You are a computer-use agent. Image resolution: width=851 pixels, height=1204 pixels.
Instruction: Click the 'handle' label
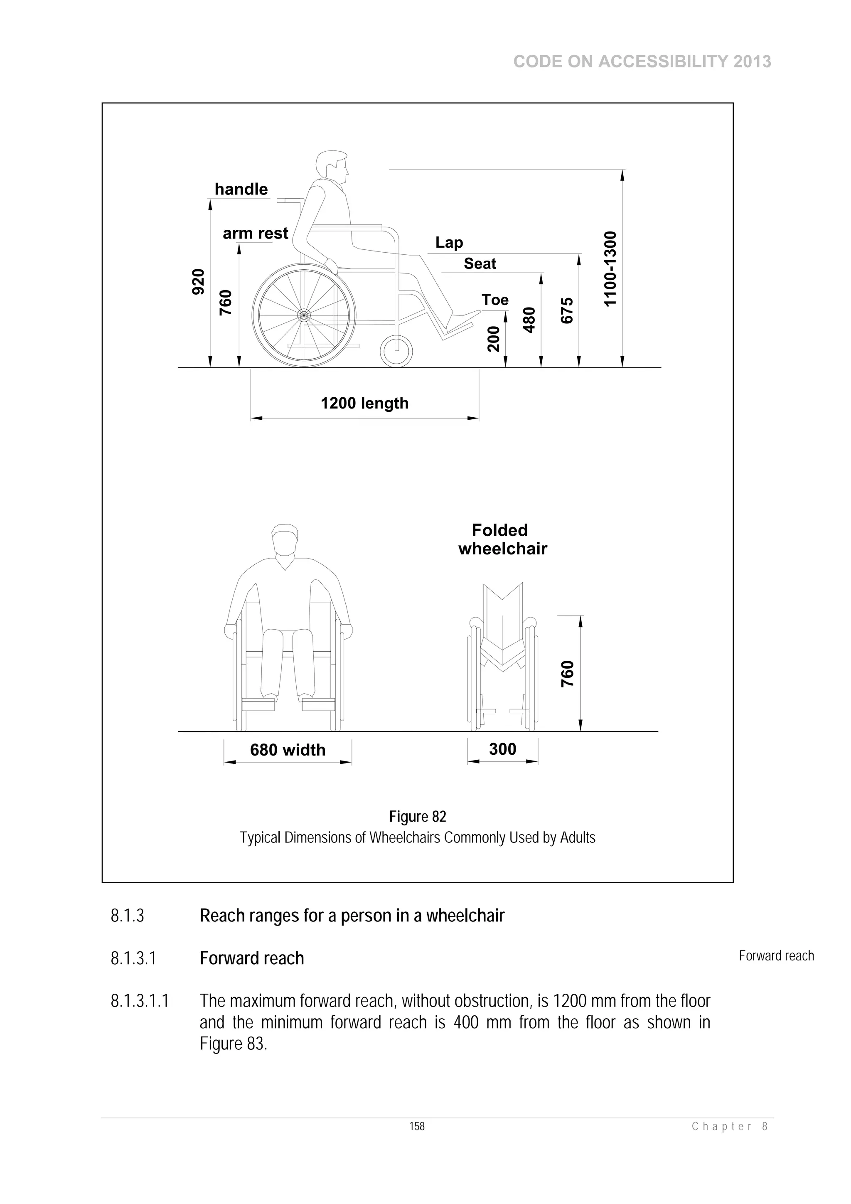click(241, 189)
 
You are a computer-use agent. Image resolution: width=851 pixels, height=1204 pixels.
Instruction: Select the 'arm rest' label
click(256, 233)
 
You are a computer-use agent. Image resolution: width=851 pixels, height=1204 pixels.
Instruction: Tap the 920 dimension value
click(198, 282)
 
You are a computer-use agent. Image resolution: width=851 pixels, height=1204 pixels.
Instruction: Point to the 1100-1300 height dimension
click(610, 268)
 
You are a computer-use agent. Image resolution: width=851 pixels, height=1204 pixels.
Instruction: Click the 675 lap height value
click(567, 310)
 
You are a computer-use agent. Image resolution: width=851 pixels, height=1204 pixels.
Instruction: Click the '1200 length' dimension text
click(364, 403)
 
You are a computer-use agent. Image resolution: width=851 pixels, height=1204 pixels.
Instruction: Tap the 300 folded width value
click(502, 749)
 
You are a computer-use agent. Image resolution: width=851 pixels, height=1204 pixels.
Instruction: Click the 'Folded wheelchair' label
click(502, 539)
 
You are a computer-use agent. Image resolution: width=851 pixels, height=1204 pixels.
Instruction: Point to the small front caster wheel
click(396, 351)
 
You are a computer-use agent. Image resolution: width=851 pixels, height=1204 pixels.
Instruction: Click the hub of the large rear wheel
click(304, 315)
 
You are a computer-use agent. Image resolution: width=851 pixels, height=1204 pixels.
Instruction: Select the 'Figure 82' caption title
click(417, 817)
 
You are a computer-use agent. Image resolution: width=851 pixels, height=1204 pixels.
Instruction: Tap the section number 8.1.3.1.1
click(140, 1001)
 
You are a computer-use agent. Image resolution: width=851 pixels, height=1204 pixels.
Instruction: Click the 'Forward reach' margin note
click(776, 956)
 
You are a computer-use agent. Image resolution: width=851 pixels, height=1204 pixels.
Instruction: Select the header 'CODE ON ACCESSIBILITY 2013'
click(642, 62)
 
